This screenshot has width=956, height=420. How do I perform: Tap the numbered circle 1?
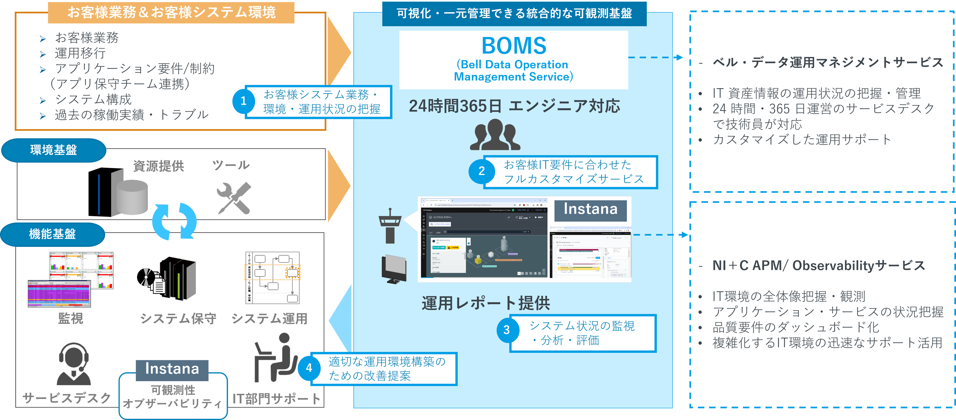point(243,101)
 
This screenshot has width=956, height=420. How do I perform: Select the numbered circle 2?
point(481,171)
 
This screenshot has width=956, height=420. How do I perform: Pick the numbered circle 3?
point(507,330)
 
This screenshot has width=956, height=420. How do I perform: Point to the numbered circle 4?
point(309,368)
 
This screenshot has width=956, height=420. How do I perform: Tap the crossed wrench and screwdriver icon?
point(234,198)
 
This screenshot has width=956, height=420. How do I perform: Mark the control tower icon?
point(390,226)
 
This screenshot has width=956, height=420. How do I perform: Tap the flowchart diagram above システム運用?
point(272,278)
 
